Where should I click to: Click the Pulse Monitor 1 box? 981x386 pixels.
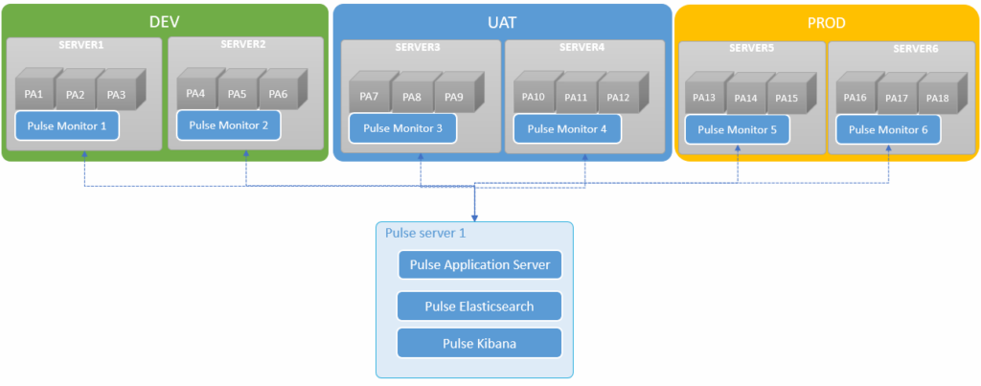pos(67,125)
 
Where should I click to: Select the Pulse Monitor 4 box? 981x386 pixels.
pos(567,128)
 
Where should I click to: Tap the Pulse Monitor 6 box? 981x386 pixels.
pos(888,129)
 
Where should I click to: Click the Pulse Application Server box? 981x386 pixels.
pos(479,265)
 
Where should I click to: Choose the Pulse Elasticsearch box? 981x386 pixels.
pos(479,306)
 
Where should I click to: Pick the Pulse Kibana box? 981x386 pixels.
pos(479,343)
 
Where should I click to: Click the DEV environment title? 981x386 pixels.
pos(165,20)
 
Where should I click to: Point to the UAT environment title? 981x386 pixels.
pos(502,20)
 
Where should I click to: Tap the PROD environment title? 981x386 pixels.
pos(827,20)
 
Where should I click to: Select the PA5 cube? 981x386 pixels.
pos(237,94)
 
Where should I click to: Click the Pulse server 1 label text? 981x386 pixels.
pos(418,234)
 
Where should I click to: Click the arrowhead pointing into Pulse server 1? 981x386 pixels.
pos(475,216)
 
